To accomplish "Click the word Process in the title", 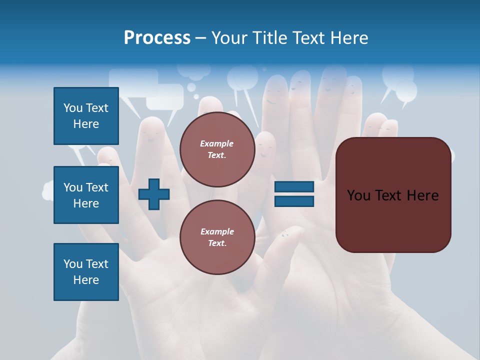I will (157, 38).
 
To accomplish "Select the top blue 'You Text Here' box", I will (86, 116).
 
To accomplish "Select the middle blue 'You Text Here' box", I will (86, 195).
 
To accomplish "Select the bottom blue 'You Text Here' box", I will (86, 271).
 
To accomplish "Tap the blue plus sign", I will (154, 194).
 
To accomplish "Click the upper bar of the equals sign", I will (294, 187).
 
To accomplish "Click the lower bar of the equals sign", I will (294, 201).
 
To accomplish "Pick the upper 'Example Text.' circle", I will (217, 149).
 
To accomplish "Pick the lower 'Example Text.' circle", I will (217, 237).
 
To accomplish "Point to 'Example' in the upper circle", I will (217, 143).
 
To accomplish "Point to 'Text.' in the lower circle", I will (217, 243).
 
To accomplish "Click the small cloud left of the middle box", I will (48, 190).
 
